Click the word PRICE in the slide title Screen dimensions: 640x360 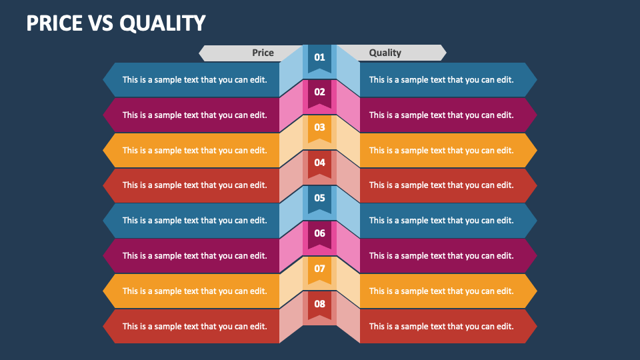[x=54, y=23]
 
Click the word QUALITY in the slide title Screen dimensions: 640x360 [x=163, y=23]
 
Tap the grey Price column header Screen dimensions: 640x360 [x=251, y=53]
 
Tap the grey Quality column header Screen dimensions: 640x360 [x=391, y=53]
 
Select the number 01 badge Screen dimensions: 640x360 [x=319, y=59]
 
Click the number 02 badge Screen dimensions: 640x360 [x=319, y=94]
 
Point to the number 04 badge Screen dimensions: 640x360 [x=319, y=165]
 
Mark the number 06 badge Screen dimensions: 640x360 [x=319, y=235]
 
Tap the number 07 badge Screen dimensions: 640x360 [x=319, y=270]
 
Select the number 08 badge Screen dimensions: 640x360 [x=319, y=306]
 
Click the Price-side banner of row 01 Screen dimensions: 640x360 [x=191, y=79]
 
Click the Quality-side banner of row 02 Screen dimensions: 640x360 [x=448, y=115]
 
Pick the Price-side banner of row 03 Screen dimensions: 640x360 [x=191, y=150]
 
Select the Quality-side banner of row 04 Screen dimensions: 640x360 [x=448, y=185]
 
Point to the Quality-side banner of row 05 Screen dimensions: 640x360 [x=448, y=221]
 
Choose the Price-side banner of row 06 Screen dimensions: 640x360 [x=191, y=256]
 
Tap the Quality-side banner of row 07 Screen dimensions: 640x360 [x=448, y=291]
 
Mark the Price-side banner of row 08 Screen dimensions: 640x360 [x=191, y=326]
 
